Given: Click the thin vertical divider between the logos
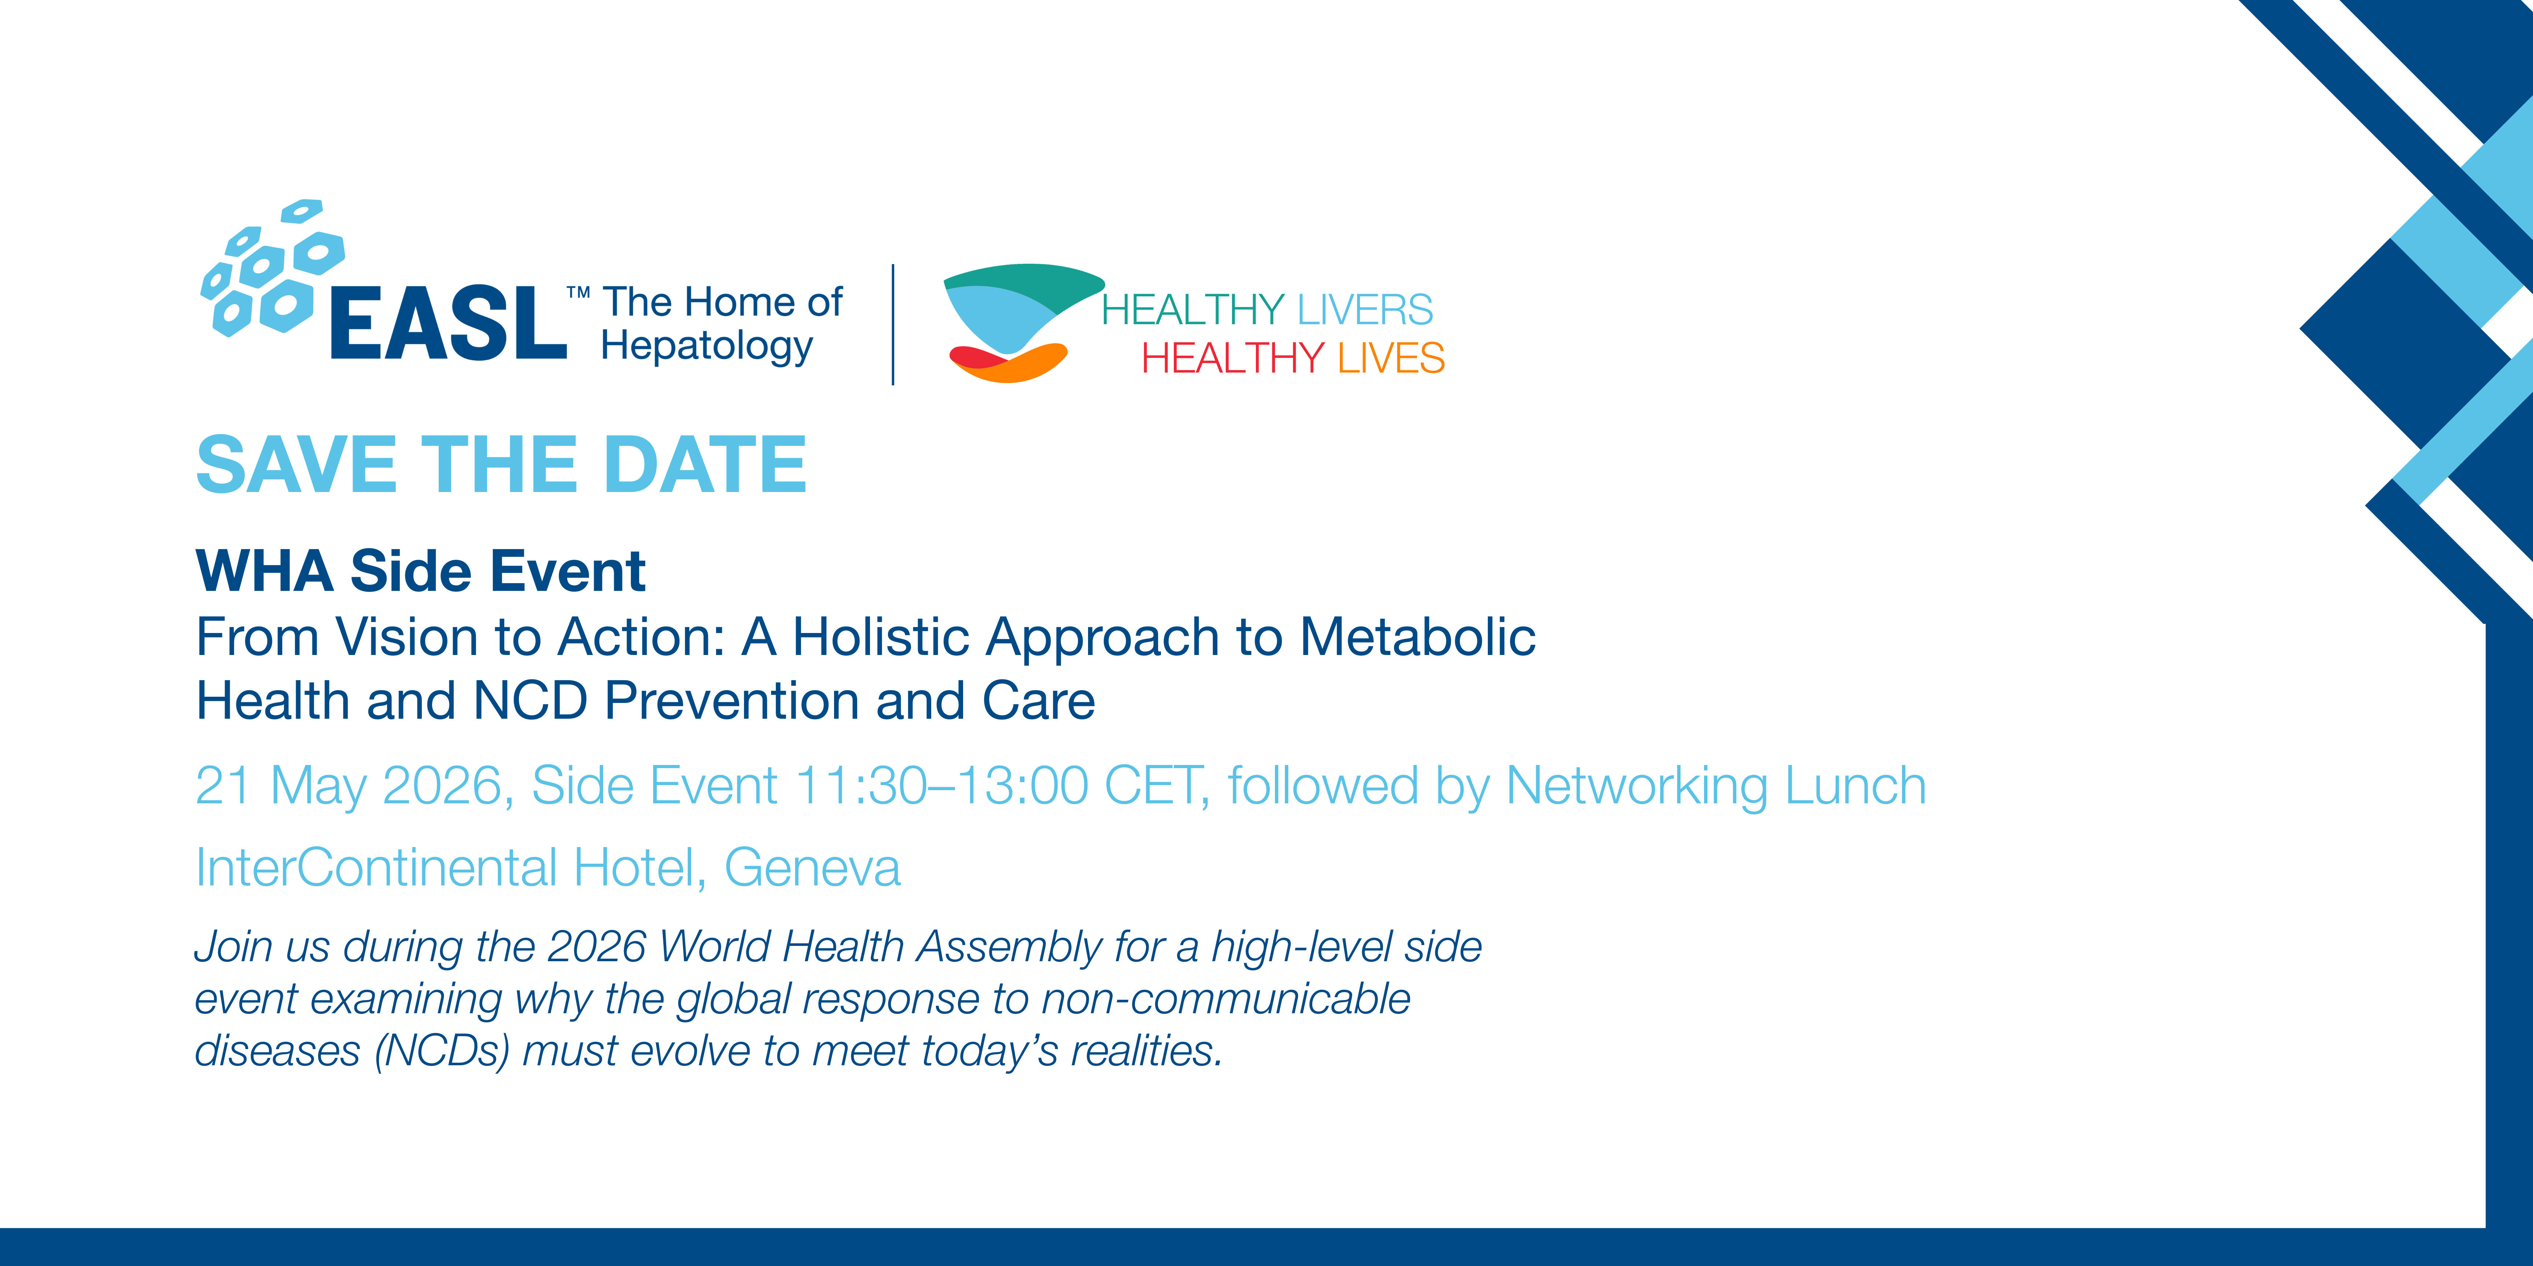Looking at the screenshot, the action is pos(893,324).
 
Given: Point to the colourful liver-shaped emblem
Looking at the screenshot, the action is pos(1023,322).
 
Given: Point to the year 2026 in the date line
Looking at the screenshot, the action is pos(442,786).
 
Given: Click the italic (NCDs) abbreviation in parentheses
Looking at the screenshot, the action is pos(442,1051).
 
